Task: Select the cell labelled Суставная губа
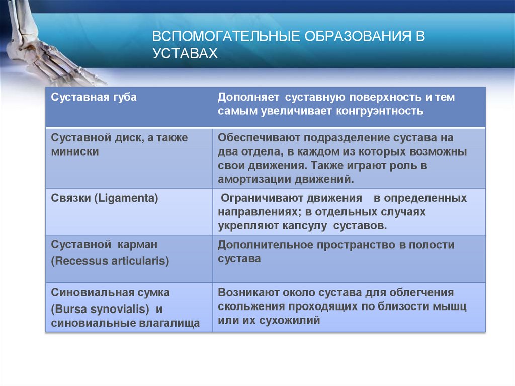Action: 94,97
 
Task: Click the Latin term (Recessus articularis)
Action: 110,261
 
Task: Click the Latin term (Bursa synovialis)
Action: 100,308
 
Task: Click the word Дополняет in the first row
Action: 243,97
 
